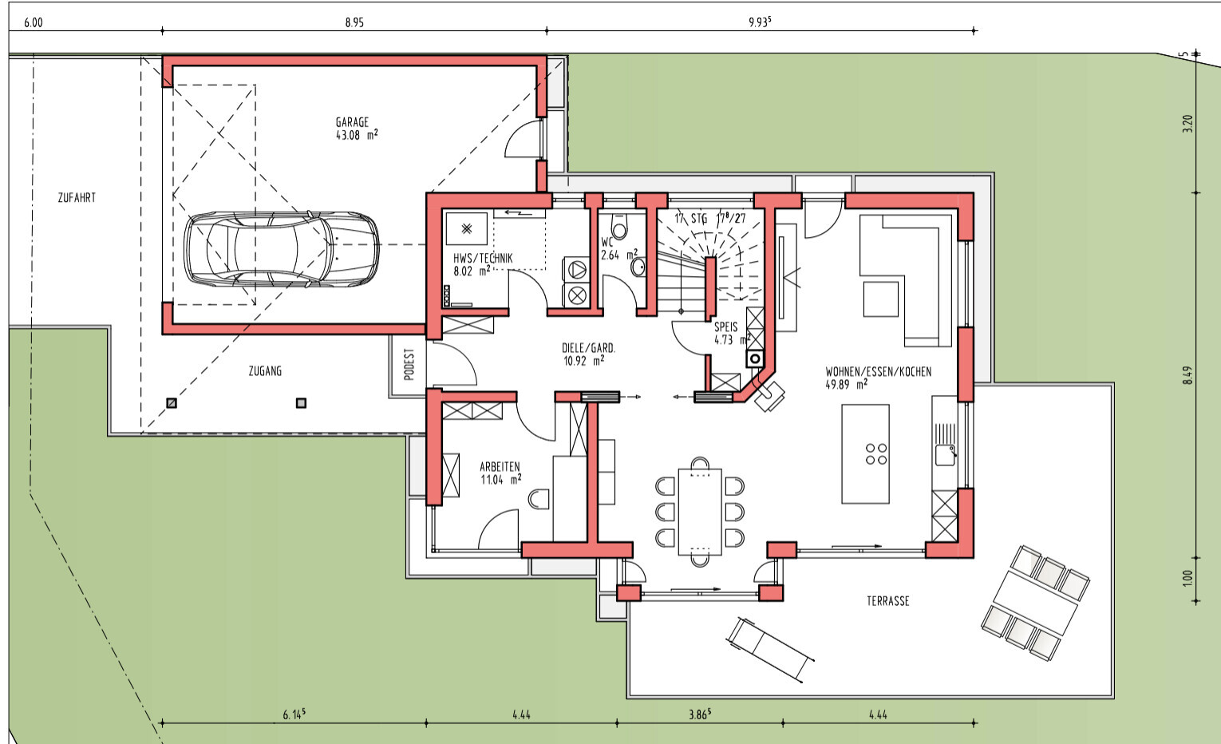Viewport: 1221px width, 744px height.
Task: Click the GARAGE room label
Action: [x=352, y=122]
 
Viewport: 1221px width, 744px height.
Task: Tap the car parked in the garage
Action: [x=281, y=249]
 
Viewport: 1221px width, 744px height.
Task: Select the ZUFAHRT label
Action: [x=77, y=198]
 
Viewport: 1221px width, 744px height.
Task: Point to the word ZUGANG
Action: [x=266, y=371]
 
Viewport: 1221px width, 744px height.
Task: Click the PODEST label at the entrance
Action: [x=409, y=364]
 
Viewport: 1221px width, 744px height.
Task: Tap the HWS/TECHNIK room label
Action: [x=483, y=259]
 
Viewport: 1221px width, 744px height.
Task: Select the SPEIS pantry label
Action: [x=726, y=327]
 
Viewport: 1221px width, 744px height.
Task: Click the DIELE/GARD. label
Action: [x=588, y=348]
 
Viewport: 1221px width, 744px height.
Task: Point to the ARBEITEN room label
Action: [x=500, y=467]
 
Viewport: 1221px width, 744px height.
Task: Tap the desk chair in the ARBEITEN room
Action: [x=539, y=499]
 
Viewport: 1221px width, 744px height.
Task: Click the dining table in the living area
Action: [x=700, y=512]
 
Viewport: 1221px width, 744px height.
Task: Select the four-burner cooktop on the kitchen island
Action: [x=876, y=453]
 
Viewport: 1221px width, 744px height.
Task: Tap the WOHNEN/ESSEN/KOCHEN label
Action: [x=879, y=372]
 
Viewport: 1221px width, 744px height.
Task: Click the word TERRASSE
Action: [x=888, y=601]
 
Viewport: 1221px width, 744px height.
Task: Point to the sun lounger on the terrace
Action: [x=770, y=650]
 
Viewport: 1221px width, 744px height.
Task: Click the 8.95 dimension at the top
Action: [x=354, y=22]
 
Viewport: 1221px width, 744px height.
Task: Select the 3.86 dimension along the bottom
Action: [x=700, y=714]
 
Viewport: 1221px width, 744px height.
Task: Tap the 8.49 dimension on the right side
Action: [x=1187, y=375]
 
